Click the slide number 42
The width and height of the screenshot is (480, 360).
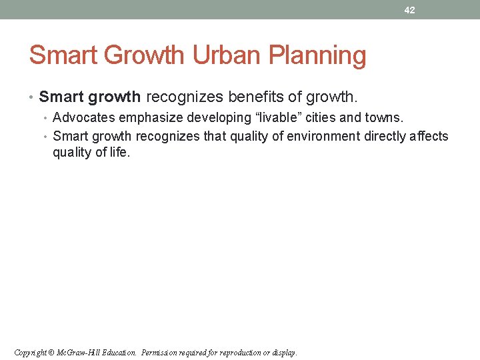(409, 10)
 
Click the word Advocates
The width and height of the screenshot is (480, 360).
(80, 118)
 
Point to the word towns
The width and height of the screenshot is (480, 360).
(383, 118)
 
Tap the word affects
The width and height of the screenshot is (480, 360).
(431, 137)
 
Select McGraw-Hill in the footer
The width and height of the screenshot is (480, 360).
(79, 353)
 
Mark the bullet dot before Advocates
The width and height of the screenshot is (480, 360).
(47, 119)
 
